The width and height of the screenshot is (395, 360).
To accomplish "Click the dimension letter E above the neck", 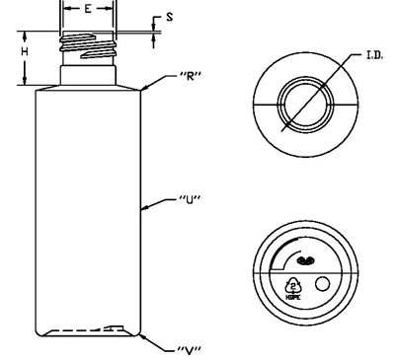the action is (x=88, y=9).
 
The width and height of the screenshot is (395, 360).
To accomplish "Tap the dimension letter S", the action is (x=170, y=17).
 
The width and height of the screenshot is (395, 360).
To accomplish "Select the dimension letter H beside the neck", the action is (x=25, y=51).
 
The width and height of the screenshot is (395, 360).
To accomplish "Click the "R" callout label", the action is (x=190, y=76).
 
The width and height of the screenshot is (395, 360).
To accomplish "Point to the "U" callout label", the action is (x=190, y=199).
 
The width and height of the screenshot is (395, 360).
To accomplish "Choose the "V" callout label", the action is (x=190, y=351).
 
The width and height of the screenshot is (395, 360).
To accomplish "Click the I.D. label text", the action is (x=374, y=55).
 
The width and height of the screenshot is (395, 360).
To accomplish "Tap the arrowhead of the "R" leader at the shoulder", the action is (x=144, y=88).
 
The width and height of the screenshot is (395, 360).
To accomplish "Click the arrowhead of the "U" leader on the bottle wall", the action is (x=145, y=207).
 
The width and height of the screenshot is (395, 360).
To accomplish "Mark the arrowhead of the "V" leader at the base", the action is (x=142, y=336).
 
